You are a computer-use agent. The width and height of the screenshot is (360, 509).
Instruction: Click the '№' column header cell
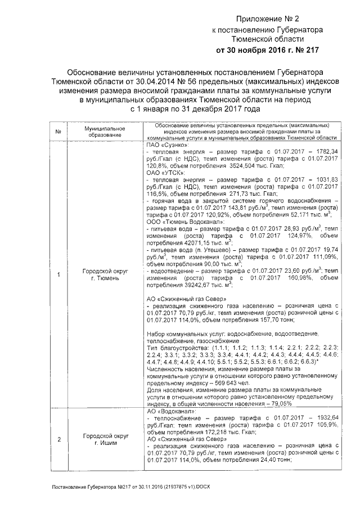[x=58, y=132]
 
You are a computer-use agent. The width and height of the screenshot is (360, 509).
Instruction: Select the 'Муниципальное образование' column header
[x=105, y=132]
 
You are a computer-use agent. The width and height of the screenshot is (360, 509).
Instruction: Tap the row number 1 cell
[x=58, y=274]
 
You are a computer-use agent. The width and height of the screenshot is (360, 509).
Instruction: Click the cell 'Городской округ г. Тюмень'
[x=105, y=274]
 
